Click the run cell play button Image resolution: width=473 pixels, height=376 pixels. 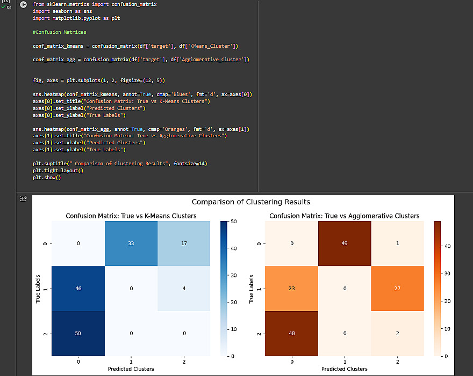[x=23, y=4]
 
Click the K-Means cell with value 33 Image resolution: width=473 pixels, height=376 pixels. [x=131, y=244]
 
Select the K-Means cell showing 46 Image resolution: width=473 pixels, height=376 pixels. [x=78, y=288]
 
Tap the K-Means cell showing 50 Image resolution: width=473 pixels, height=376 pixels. [x=78, y=333]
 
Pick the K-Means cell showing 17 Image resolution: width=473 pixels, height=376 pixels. [x=184, y=244]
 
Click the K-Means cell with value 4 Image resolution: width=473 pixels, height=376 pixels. [x=184, y=288]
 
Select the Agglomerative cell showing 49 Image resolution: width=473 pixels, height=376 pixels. [x=344, y=244]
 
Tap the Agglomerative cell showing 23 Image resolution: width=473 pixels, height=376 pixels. [x=291, y=288]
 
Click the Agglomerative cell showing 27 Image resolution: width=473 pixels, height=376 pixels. [x=397, y=288]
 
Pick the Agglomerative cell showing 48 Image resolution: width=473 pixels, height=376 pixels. [x=291, y=333]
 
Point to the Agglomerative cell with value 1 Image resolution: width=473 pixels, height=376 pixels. [x=397, y=244]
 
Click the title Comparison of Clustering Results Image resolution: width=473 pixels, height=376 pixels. [x=250, y=202]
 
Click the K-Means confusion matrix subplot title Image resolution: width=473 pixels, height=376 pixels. [x=131, y=216]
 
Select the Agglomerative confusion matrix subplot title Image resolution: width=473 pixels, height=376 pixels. [x=344, y=216]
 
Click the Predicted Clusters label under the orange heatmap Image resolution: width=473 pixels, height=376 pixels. [x=344, y=368]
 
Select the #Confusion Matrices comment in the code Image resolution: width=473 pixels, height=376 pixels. [x=59, y=32]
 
